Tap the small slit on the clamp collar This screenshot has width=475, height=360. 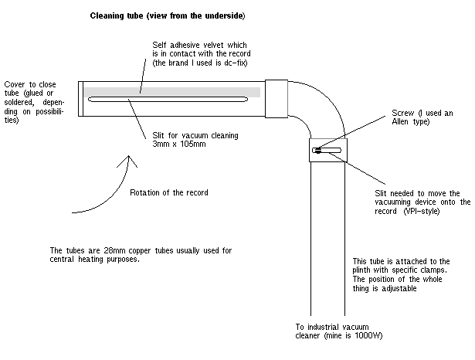(327, 149)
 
